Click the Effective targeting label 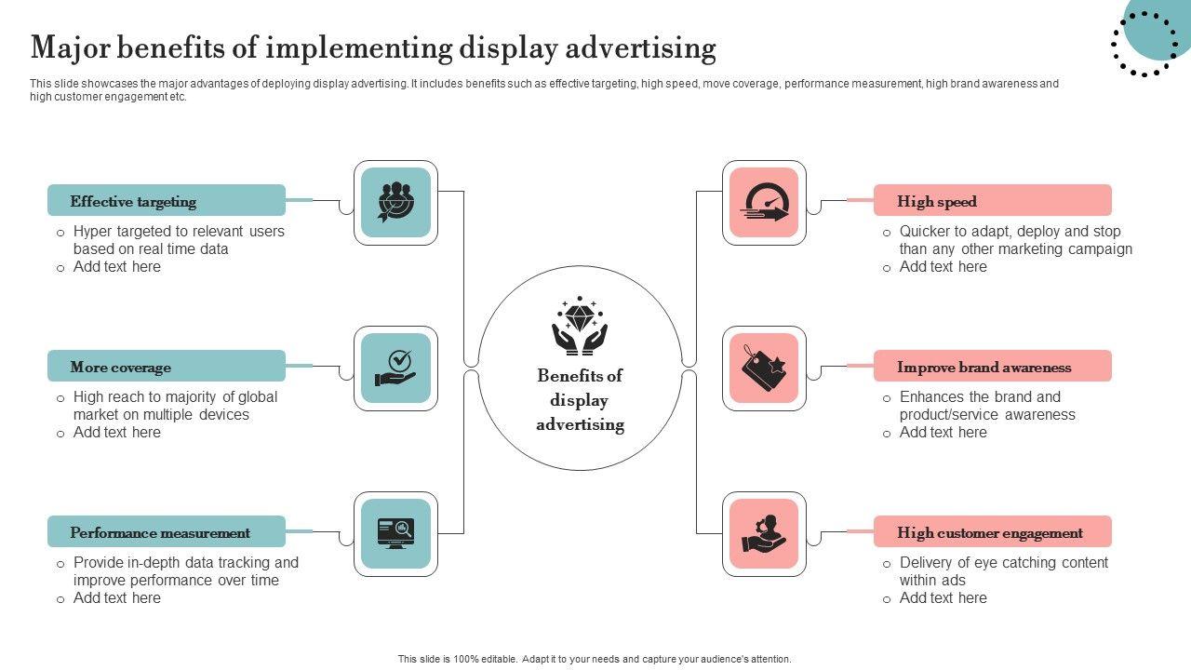pyautogui.click(x=134, y=201)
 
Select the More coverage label pyautogui.click(x=121, y=367)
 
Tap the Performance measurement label pyautogui.click(x=160, y=533)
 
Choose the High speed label pyautogui.click(x=937, y=201)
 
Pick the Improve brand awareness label pyautogui.click(x=984, y=367)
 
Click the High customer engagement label pyautogui.click(x=990, y=533)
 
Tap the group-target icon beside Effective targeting pyautogui.click(x=395, y=202)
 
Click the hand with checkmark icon pyautogui.click(x=395, y=368)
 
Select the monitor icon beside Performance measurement pyautogui.click(x=395, y=533)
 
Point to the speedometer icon pyautogui.click(x=764, y=202)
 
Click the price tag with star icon pyautogui.click(x=764, y=368)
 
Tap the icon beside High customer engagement pyautogui.click(x=764, y=533)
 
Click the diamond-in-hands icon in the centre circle pyautogui.click(x=580, y=325)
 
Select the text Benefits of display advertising pyautogui.click(x=580, y=400)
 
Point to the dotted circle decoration pyautogui.click(x=1144, y=43)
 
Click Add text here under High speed pyautogui.click(x=943, y=267)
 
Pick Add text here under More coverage pyautogui.click(x=117, y=433)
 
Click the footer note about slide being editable pyautogui.click(x=595, y=659)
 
